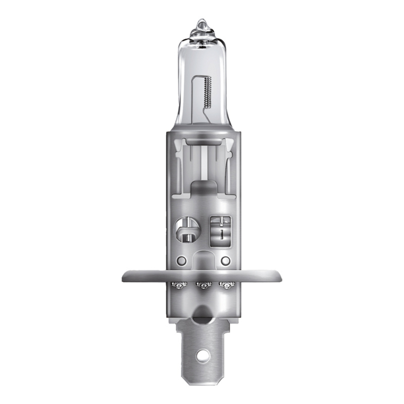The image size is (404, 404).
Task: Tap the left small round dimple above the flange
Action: click(x=180, y=262)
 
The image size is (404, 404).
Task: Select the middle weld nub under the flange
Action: click(x=203, y=286)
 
